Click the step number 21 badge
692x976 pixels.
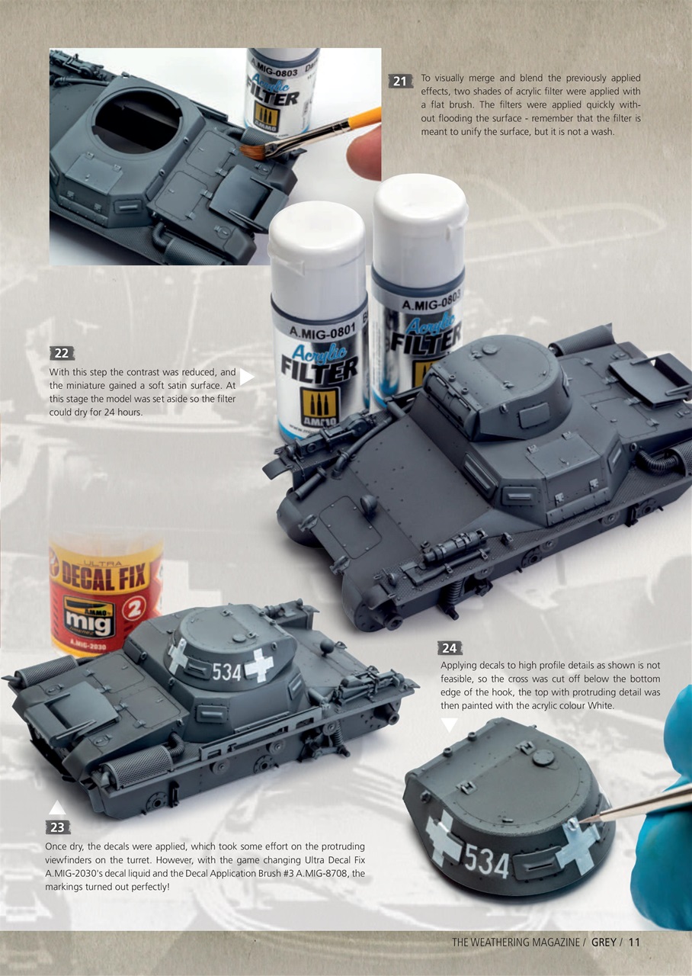point(401,81)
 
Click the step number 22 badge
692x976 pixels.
point(62,353)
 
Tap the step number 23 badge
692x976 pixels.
point(56,827)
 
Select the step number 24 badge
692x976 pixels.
point(450,648)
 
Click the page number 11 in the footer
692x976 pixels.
point(634,942)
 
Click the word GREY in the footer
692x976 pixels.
point(604,942)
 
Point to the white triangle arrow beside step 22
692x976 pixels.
point(247,377)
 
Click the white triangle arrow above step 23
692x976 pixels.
point(56,807)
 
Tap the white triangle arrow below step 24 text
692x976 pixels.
point(449,724)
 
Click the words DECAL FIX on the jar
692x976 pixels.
point(106,575)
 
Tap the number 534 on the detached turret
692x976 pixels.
point(487,862)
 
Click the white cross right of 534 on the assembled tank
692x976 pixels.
point(259,666)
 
